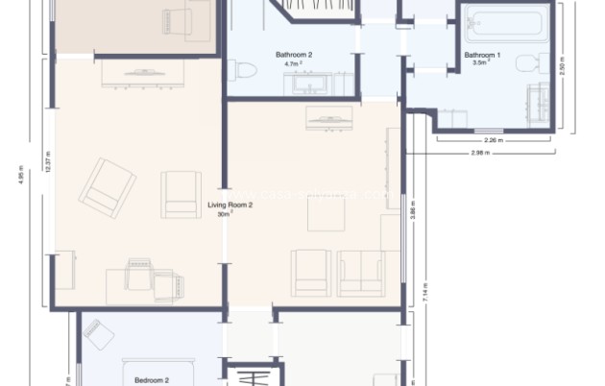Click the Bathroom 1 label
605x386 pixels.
click(483, 56)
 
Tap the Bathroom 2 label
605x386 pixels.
click(294, 56)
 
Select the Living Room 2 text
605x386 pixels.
click(230, 205)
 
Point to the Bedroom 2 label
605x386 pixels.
click(151, 379)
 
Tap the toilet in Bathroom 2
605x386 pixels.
click(243, 71)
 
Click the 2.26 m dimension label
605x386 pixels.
click(493, 140)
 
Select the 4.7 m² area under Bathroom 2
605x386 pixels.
click(294, 65)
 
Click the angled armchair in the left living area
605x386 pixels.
click(107, 187)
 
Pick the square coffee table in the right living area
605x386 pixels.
click(327, 215)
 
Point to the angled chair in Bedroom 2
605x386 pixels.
click(97, 334)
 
